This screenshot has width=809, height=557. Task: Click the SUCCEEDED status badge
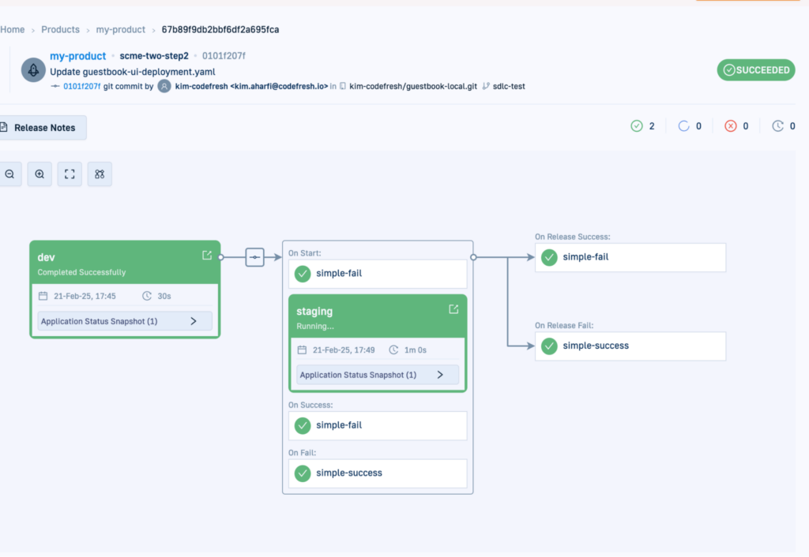pyautogui.click(x=755, y=70)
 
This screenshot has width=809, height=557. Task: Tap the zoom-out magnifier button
pyautogui.click(x=9, y=174)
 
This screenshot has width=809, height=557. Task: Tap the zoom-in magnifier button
pyautogui.click(x=40, y=174)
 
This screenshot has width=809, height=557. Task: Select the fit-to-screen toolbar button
pyautogui.click(x=70, y=174)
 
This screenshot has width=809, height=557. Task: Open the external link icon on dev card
pyautogui.click(x=207, y=256)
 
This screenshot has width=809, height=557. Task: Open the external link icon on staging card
pyautogui.click(x=453, y=309)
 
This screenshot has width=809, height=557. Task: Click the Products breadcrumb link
pyautogui.click(x=60, y=30)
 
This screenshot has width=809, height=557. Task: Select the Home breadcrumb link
pyautogui.click(x=13, y=30)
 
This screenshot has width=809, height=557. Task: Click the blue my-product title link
pyautogui.click(x=77, y=56)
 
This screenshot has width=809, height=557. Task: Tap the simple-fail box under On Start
pyautogui.click(x=377, y=274)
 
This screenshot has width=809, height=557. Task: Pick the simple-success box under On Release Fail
pyautogui.click(x=630, y=346)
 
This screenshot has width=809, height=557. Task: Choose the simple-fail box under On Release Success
pyautogui.click(x=630, y=257)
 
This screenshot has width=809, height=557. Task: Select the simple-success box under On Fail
pyautogui.click(x=377, y=473)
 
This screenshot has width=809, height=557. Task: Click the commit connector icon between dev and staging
pyautogui.click(x=254, y=257)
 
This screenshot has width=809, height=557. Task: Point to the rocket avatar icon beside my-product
pyautogui.click(x=32, y=69)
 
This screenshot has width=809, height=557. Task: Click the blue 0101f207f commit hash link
pyautogui.click(x=81, y=86)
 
